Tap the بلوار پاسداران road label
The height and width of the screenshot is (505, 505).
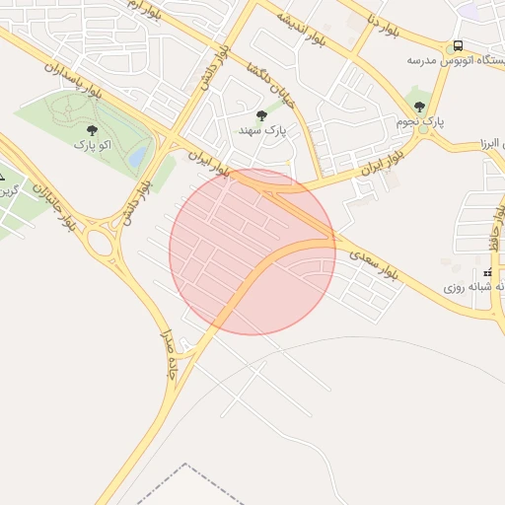[x=73, y=81]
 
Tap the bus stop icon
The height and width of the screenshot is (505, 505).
[x=458, y=46]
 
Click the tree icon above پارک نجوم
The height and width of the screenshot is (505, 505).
[x=420, y=107]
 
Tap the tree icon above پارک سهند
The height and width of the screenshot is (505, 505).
[x=260, y=115]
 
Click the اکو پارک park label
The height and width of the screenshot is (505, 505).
[x=92, y=145]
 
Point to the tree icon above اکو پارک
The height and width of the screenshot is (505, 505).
[x=92, y=129]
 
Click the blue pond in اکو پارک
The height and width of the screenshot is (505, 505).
[x=139, y=155]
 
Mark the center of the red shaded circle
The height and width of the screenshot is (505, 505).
[x=252, y=252]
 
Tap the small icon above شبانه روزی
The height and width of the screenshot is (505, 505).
[x=487, y=272]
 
